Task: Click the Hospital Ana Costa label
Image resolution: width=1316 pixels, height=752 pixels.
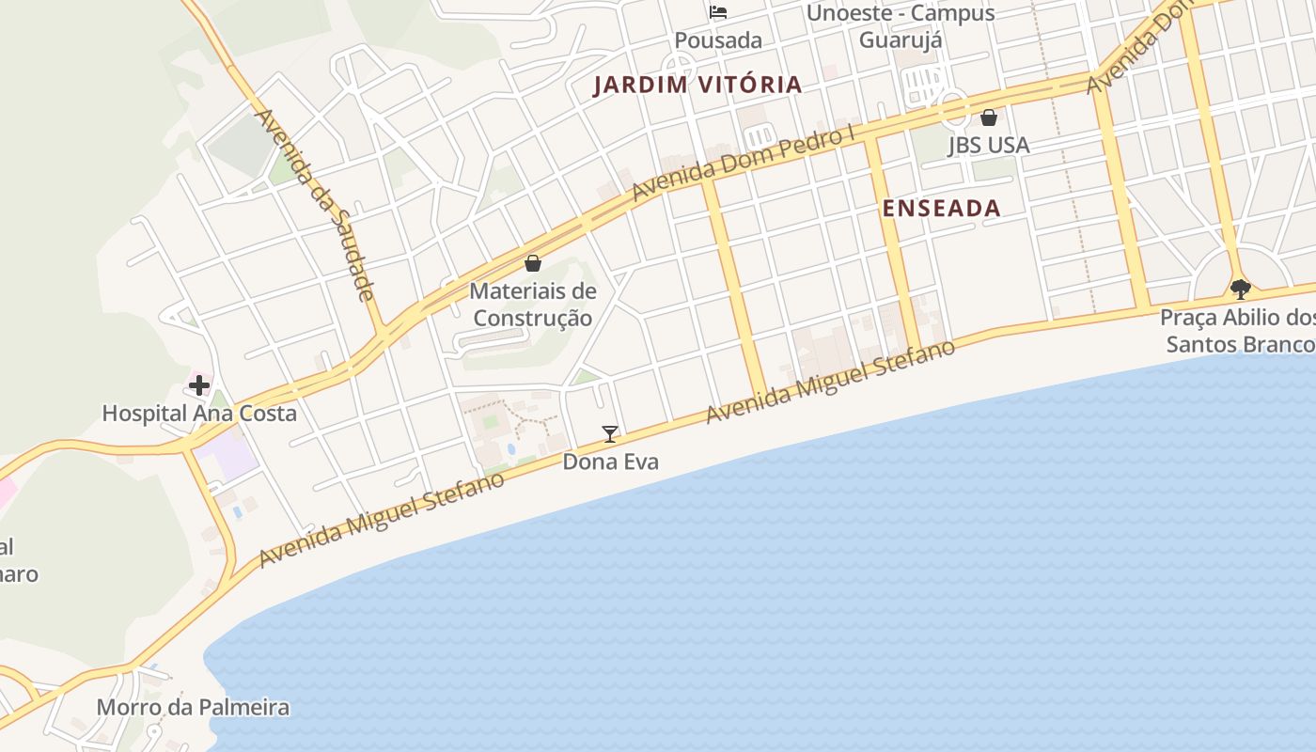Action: tap(199, 413)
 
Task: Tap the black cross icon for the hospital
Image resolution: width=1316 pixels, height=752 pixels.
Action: tap(199, 384)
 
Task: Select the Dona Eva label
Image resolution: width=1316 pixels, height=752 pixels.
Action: tap(610, 462)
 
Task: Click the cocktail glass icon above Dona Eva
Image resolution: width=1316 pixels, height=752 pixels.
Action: tap(610, 433)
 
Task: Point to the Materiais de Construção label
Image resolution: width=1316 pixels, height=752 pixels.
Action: tap(533, 304)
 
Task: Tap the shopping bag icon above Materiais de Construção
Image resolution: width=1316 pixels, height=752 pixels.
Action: tap(533, 263)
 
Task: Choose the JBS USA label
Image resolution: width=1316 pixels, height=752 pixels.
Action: tap(988, 145)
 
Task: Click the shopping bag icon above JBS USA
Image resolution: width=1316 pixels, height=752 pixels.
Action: tap(988, 117)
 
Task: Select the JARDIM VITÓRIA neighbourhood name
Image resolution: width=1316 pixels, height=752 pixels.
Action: tap(697, 85)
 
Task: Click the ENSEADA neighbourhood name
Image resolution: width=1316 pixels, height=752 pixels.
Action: tap(941, 209)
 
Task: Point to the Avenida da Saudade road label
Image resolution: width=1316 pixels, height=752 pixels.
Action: tap(316, 205)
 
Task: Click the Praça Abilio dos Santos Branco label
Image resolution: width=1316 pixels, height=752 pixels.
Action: tap(1237, 330)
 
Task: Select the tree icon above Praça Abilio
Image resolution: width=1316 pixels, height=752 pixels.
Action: tap(1240, 289)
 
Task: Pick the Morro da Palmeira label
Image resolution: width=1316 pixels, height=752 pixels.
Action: tap(193, 707)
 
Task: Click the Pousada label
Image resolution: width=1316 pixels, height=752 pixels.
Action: tap(718, 40)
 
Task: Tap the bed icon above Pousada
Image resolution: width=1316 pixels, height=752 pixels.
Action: tap(718, 13)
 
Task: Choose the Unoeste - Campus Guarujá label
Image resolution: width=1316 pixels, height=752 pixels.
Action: tap(901, 26)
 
